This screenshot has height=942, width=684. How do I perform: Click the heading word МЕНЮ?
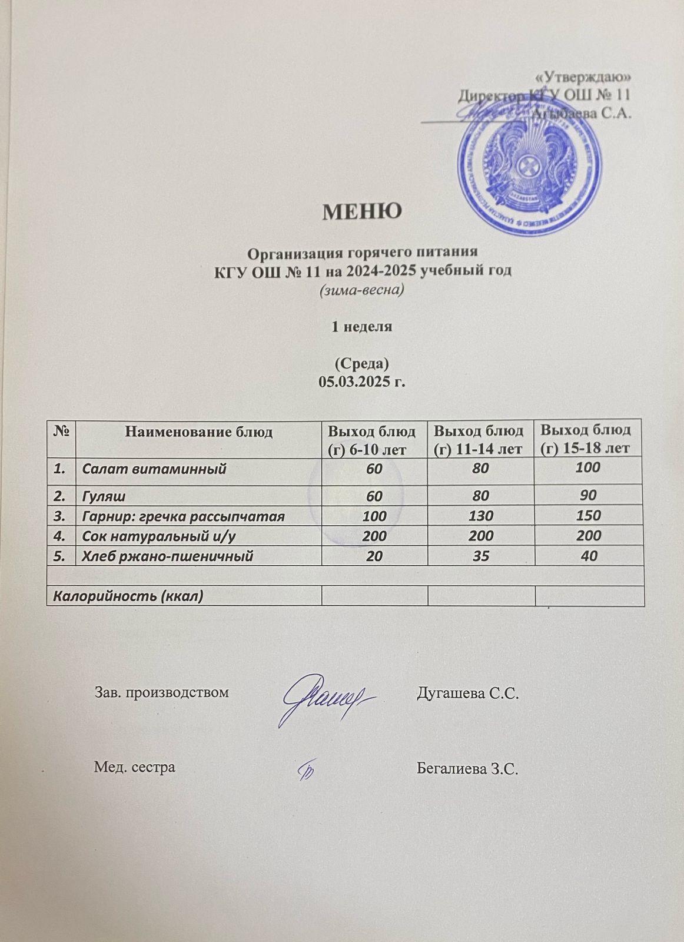pos(362,211)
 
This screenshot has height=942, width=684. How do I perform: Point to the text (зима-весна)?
pos(361,290)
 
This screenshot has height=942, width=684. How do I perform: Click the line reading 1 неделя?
pos(362,327)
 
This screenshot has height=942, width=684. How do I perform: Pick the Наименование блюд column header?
pos(198,432)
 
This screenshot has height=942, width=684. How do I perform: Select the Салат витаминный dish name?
pos(154,469)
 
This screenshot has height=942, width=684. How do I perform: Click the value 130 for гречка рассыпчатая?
pos(481,516)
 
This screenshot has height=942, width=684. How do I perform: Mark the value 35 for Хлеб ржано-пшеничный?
pos(481,555)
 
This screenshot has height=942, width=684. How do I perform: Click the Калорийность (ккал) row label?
pos(128,596)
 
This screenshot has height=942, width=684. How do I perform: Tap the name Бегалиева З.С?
pos(467,768)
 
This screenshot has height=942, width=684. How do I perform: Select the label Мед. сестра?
pos(135,767)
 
